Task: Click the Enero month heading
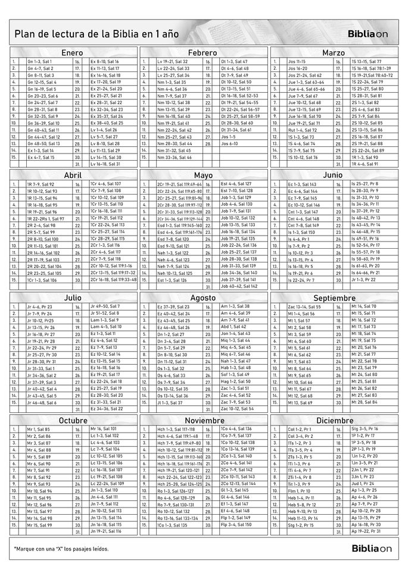click(x=71, y=53)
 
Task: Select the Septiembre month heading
click(x=333, y=297)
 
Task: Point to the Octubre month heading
click(x=73, y=420)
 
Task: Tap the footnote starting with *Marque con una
click(x=61, y=548)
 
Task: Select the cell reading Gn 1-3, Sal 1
click(x=41, y=61)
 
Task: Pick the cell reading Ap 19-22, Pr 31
click(x=365, y=531)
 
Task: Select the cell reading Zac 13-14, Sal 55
click(x=304, y=306)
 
